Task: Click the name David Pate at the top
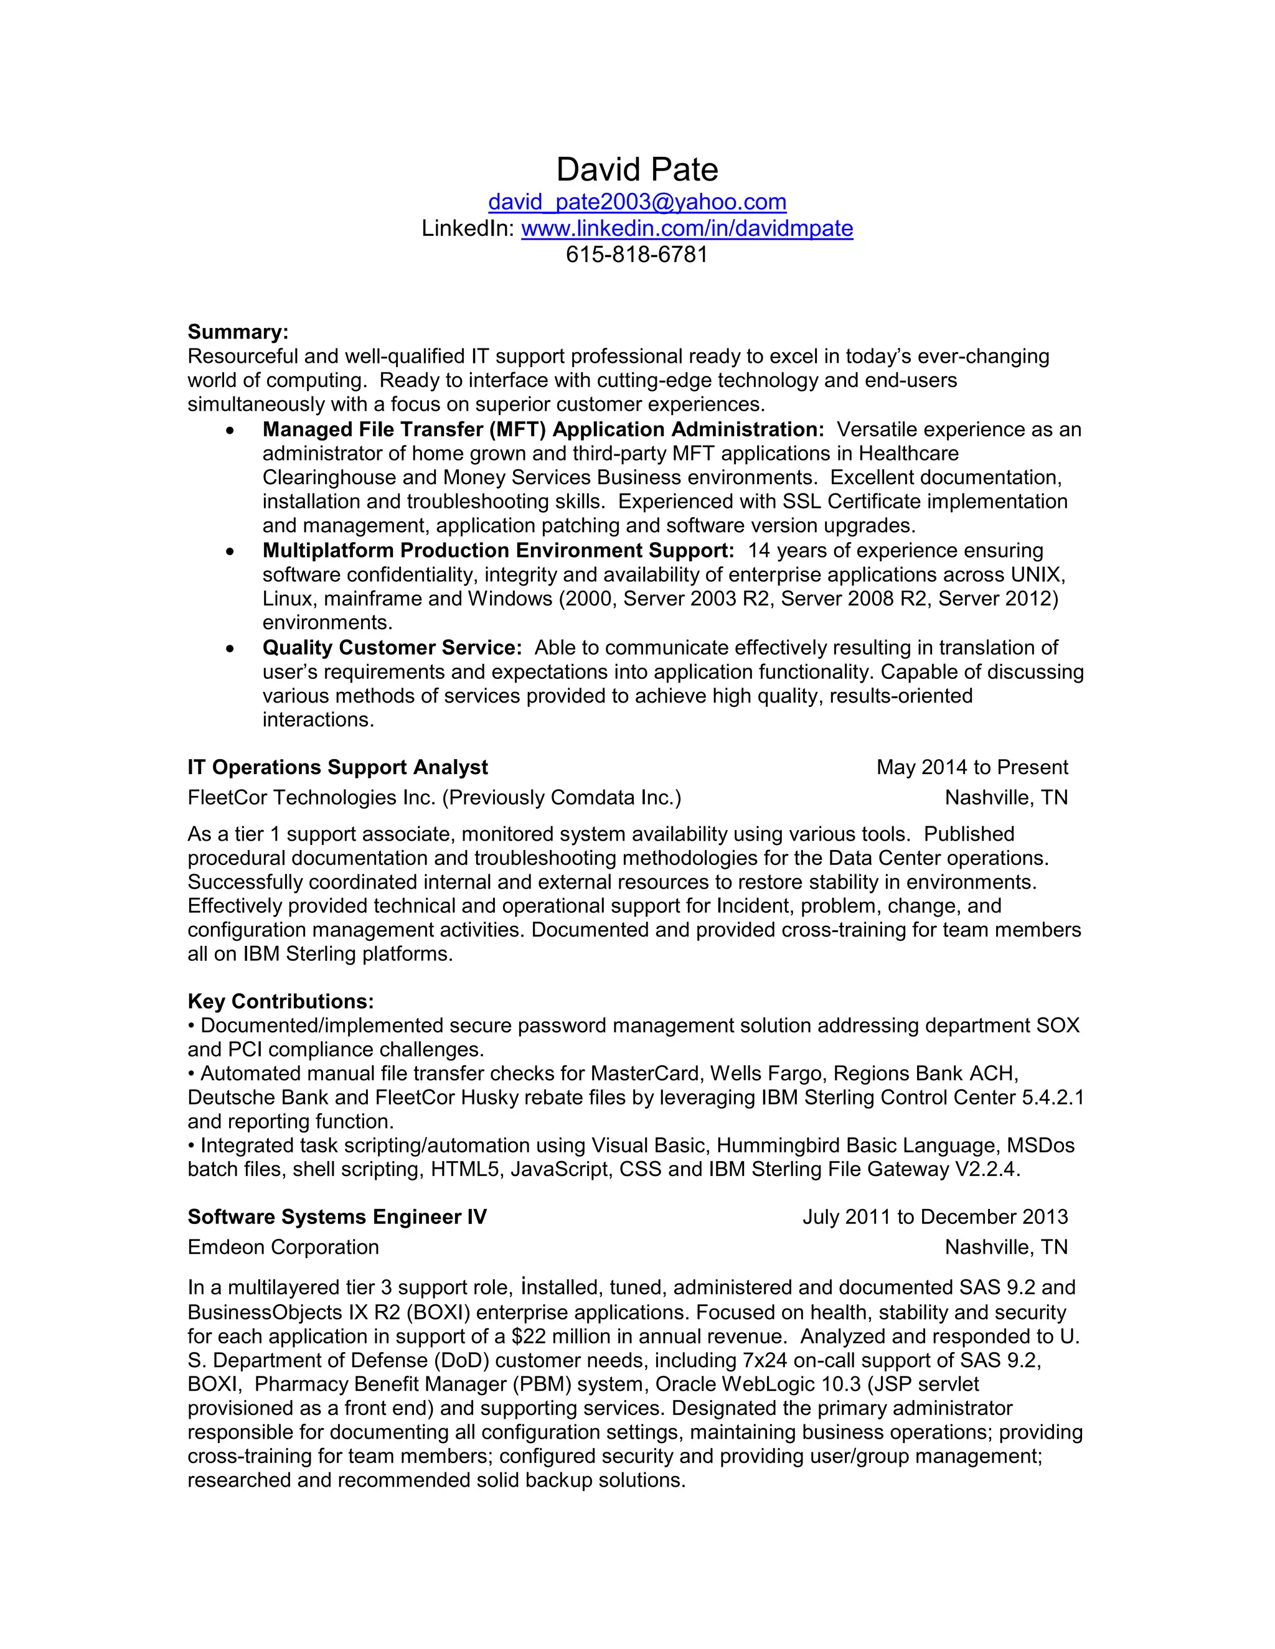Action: [x=637, y=170]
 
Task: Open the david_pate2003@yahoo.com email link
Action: [x=637, y=202]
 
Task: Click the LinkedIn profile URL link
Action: [x=687, y=229]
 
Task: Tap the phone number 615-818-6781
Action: [x=637, y=255]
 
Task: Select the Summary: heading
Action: [x=238, y=332]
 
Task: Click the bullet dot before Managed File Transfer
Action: [x=230, y=431]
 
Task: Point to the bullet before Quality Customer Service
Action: [x=230, y=648]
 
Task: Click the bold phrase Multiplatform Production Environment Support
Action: [x=498, y=551]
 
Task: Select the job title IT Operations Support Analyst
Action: [x=337, y=767]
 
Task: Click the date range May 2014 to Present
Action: [x=971, y=767]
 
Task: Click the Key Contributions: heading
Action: [x=280, y=1001]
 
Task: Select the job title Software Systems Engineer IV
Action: [x=337, y=1217]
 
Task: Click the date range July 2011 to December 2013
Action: [x=934, y=1217]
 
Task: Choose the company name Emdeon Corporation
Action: [x=283, y=1247]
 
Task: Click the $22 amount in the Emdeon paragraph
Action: [x=525, y=1337]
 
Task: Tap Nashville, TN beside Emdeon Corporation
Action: [x=1005, y=1247]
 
